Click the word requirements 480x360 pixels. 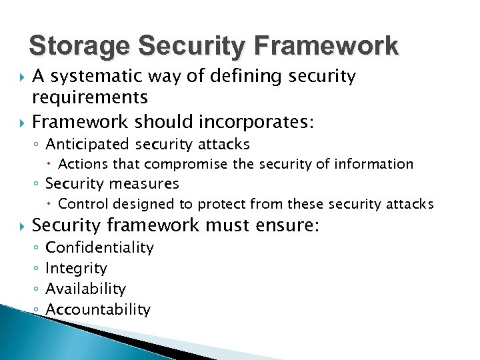(90, 97)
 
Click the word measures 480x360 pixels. (146, 183)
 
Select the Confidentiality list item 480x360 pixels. (99, 247)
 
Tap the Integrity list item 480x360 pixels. (75, 268)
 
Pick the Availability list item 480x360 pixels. (85, 289)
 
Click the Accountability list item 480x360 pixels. (97, 309)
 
